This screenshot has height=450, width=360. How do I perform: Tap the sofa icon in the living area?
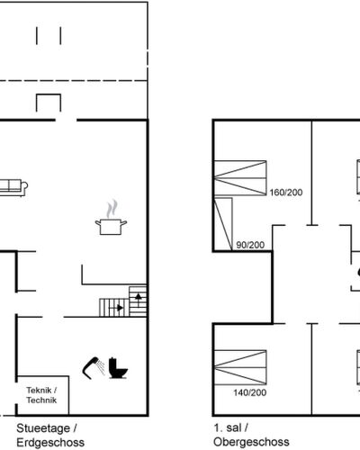click(x=13, y=187)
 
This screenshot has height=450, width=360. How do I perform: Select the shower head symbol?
click(x=94, y=368)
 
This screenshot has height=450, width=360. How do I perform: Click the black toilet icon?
click(x=118, y=368)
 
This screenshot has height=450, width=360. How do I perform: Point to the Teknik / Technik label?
click(x=41, y=395)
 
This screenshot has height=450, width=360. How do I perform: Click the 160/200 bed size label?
click(x=286, y=193)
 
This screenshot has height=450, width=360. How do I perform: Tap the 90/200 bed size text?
click(x=250, y=245)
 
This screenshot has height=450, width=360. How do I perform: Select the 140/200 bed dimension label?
click(x=250, y=392)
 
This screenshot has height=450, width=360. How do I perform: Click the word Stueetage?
click(x=43, y=428)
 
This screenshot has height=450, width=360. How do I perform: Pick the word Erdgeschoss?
click(x=50, y=443)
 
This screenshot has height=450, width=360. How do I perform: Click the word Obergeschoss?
click(x=251, y=442)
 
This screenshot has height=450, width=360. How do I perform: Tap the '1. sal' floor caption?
click(x=228, y=427)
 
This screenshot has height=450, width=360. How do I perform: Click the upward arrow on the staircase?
click(x=139, y=297)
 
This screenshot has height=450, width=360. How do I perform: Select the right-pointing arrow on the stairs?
click(x=119, y=308)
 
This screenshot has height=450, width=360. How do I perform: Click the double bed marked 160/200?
click(x=240, y=178)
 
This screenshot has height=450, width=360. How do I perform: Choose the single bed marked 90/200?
click(x=223, y=224)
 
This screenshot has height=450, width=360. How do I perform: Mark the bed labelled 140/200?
click(x=240, y=367)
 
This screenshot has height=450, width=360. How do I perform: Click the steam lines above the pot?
click(x=112, y=209)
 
